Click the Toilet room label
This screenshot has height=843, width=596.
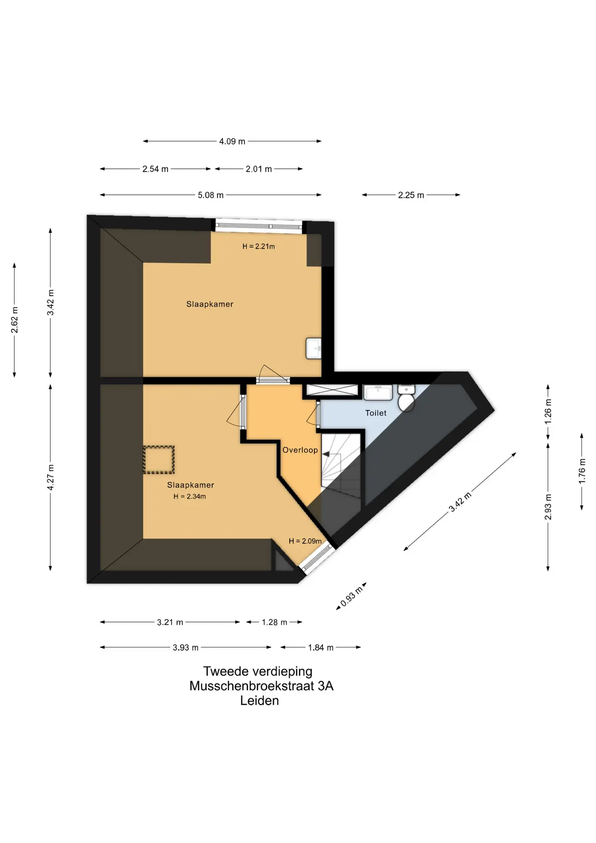coord(376,413)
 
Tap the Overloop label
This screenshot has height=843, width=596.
coord(300,450)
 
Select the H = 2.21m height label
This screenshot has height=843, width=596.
coord(259,246)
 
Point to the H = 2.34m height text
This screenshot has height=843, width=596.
coord(190,497)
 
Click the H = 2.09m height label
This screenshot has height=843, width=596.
coord(305,541)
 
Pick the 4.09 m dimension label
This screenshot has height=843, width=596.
coord(232,141)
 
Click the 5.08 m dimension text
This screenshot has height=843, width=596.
coord(211,195)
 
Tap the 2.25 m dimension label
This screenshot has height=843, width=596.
coord(411,195)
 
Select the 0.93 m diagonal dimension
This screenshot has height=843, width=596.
coord(352,596)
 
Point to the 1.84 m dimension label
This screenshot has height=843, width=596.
coord(321,648)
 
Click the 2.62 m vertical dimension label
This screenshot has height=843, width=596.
coord(14,320)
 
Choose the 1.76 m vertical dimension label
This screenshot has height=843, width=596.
coord(582,471)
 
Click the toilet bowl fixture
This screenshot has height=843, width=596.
coord(406,398)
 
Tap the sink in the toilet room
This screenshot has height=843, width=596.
coord(378,393)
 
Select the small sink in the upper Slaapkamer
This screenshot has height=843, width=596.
coord(314,349)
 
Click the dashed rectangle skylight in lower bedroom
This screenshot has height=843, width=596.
coord(159,460)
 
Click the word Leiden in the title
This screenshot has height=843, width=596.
coord(259,700)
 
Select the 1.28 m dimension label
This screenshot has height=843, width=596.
coord(274,622)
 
